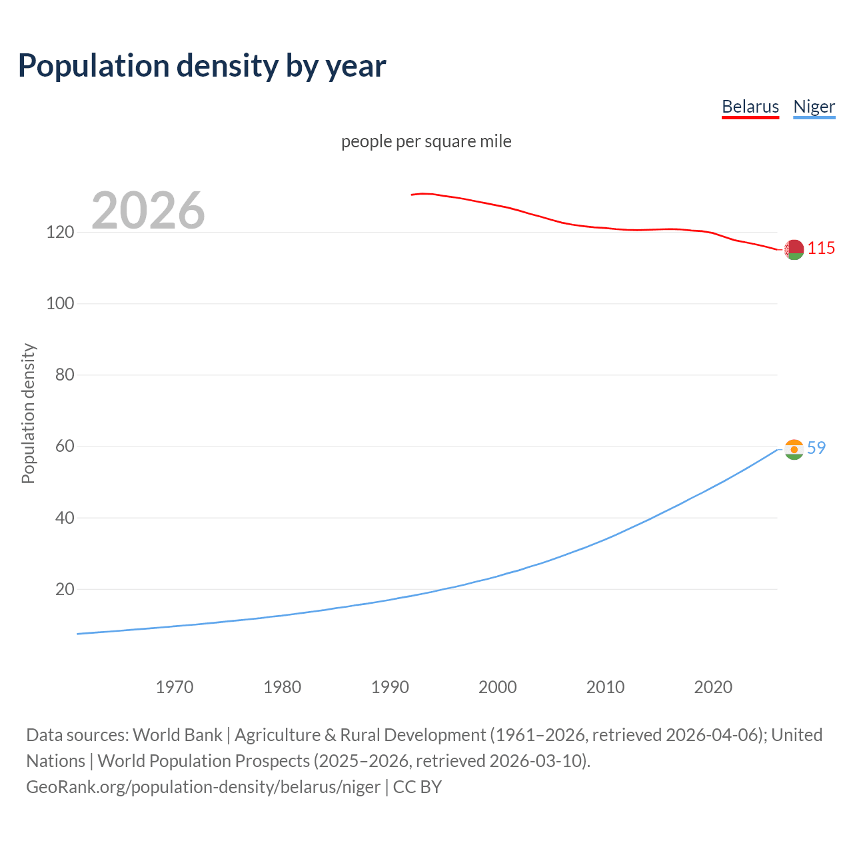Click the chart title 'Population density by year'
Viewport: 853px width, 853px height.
coord(202,65)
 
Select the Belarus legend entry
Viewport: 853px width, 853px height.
coord(750,107)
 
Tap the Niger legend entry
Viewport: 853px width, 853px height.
coord(814,107)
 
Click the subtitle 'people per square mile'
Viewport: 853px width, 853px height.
coord(426,141)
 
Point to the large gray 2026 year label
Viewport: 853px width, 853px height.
coord(148,211)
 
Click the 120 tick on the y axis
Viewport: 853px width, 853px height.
coord(60,233)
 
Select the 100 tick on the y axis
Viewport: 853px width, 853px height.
coord(60,304)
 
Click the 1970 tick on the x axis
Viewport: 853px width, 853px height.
coord(175,687)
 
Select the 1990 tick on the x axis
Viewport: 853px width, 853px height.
coord(390,687)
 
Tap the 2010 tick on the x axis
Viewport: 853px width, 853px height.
coord(605,687)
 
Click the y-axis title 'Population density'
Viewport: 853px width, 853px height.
coord(28,413)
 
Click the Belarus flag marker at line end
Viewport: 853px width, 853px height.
coord(794,250)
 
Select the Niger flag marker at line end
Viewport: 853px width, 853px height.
coord(794,449)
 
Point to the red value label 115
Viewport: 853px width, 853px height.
coord(821,249)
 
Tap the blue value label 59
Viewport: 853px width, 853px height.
coord(816,448)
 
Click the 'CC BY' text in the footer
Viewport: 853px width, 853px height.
coord(417,787)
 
